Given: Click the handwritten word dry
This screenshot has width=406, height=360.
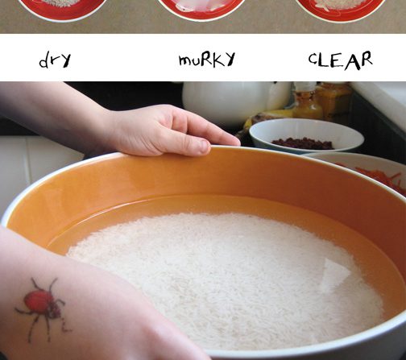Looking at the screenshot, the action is (55, 60).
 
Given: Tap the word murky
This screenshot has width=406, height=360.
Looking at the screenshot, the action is (207, 59).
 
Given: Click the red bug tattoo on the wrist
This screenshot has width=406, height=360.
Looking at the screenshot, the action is (43, 308).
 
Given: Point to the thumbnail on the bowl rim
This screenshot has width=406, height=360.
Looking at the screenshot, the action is (203, 147).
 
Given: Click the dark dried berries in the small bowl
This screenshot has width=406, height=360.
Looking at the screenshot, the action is (303, 143).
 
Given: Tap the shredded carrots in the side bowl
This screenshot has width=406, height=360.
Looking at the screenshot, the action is (381, 177).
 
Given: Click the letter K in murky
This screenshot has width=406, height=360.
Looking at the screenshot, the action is (215, 59).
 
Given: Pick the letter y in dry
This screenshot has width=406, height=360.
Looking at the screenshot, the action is (65, 61).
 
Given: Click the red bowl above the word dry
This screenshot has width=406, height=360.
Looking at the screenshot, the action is (63, 8).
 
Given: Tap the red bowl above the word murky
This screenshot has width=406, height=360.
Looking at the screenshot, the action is (201, 8).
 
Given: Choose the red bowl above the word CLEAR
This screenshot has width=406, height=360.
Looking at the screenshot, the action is (341, 8).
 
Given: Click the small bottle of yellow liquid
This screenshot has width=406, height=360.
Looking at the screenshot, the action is (308, 103).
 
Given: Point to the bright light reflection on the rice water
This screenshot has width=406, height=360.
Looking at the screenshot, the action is (336, 272).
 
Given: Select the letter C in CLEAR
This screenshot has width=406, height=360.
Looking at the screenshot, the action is (313, 60).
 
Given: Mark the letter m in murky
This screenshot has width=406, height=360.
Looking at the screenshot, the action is (185, 60).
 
